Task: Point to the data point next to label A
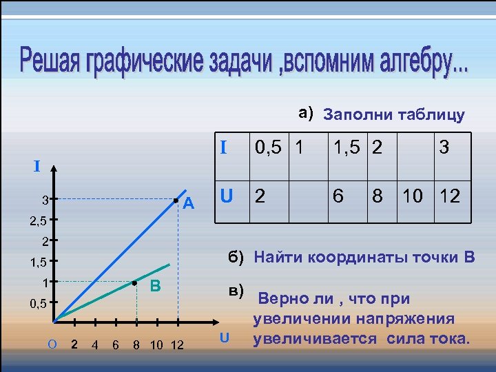coord(177,200)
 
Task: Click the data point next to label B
coord(134,283)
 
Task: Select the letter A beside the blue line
coord(190,204)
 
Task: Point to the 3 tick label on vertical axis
coord(43,201)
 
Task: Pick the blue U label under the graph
coord(223,338)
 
